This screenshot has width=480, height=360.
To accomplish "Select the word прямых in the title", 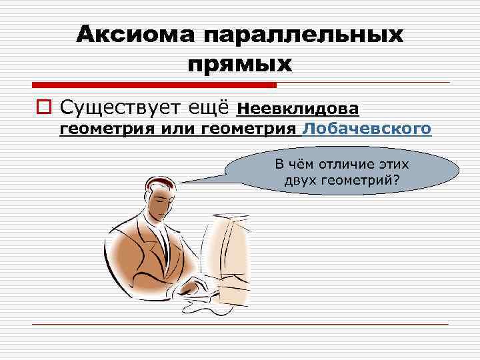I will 241,64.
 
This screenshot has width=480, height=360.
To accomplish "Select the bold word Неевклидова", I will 298,107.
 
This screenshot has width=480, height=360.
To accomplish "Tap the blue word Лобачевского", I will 367,129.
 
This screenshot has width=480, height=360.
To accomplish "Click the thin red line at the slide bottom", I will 240,324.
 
